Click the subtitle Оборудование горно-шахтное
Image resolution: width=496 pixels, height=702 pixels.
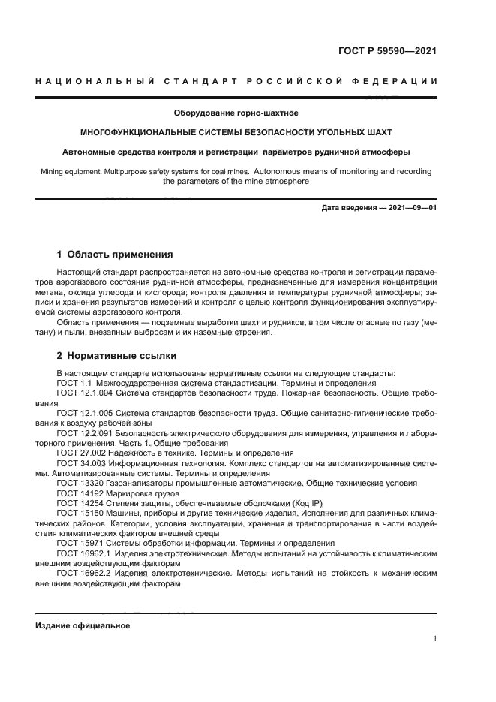click(236, 113)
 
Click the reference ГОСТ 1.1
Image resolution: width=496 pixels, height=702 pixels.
click(75, 382)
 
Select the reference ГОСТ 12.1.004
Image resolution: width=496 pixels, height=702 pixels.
click(84, 393)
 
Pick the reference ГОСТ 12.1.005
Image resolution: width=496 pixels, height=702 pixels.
click(84, 412)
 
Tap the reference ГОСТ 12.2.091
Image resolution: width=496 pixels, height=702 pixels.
click(84, 433)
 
